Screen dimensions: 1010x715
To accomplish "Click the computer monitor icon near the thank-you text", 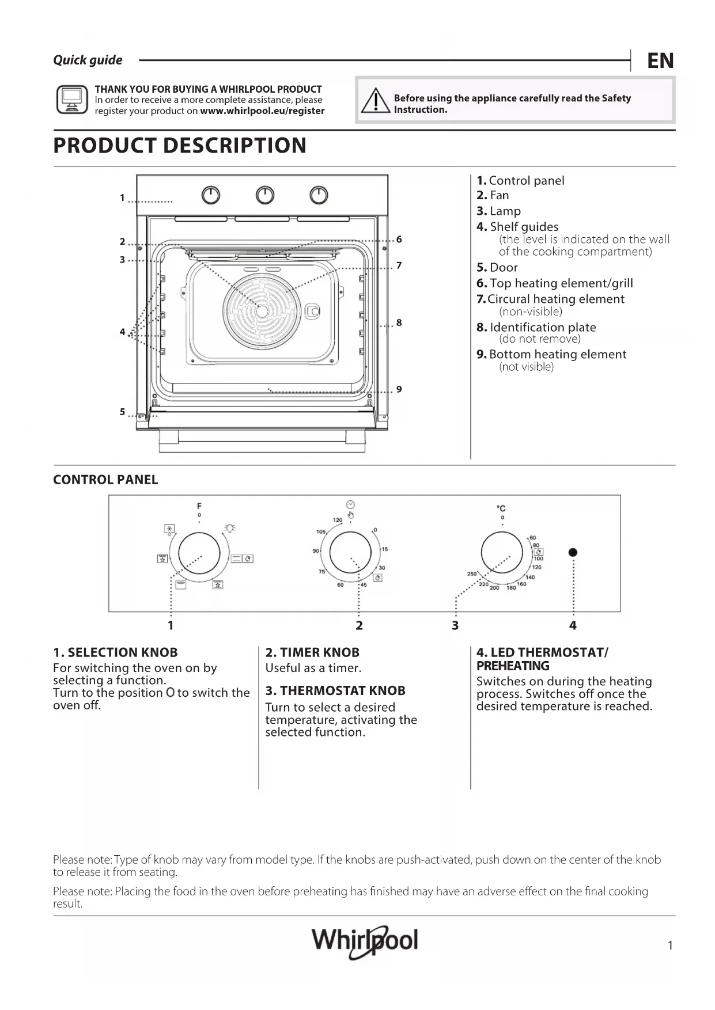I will [72, 100].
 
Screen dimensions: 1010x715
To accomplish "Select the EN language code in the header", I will [660, 60].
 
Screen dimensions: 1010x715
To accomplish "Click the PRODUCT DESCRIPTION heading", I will [180, 145].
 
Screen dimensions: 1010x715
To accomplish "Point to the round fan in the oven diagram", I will [262, 311].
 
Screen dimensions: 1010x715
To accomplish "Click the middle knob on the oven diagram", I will [265, 196].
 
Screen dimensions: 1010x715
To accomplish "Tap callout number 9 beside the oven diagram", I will [399, 390].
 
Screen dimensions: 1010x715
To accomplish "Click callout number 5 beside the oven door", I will [122, 412].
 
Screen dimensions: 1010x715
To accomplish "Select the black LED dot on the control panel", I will [573, 552].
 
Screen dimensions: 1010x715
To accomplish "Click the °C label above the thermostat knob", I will [501, 508].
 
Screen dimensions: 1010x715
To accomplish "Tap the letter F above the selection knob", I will [199, 506].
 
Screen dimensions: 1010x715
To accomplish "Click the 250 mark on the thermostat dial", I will [471, 574].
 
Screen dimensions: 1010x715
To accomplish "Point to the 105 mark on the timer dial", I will [321, 531].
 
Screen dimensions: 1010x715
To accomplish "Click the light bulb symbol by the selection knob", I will [230, 528].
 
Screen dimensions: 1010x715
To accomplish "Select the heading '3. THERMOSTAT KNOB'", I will [335, 690].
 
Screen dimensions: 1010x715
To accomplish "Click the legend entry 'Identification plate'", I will [542, 327].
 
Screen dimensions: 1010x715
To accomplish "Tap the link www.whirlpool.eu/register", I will [262, 111].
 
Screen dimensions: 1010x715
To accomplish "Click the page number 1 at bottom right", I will [670, 946].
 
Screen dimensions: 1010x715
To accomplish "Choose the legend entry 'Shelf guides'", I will [524, 227].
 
